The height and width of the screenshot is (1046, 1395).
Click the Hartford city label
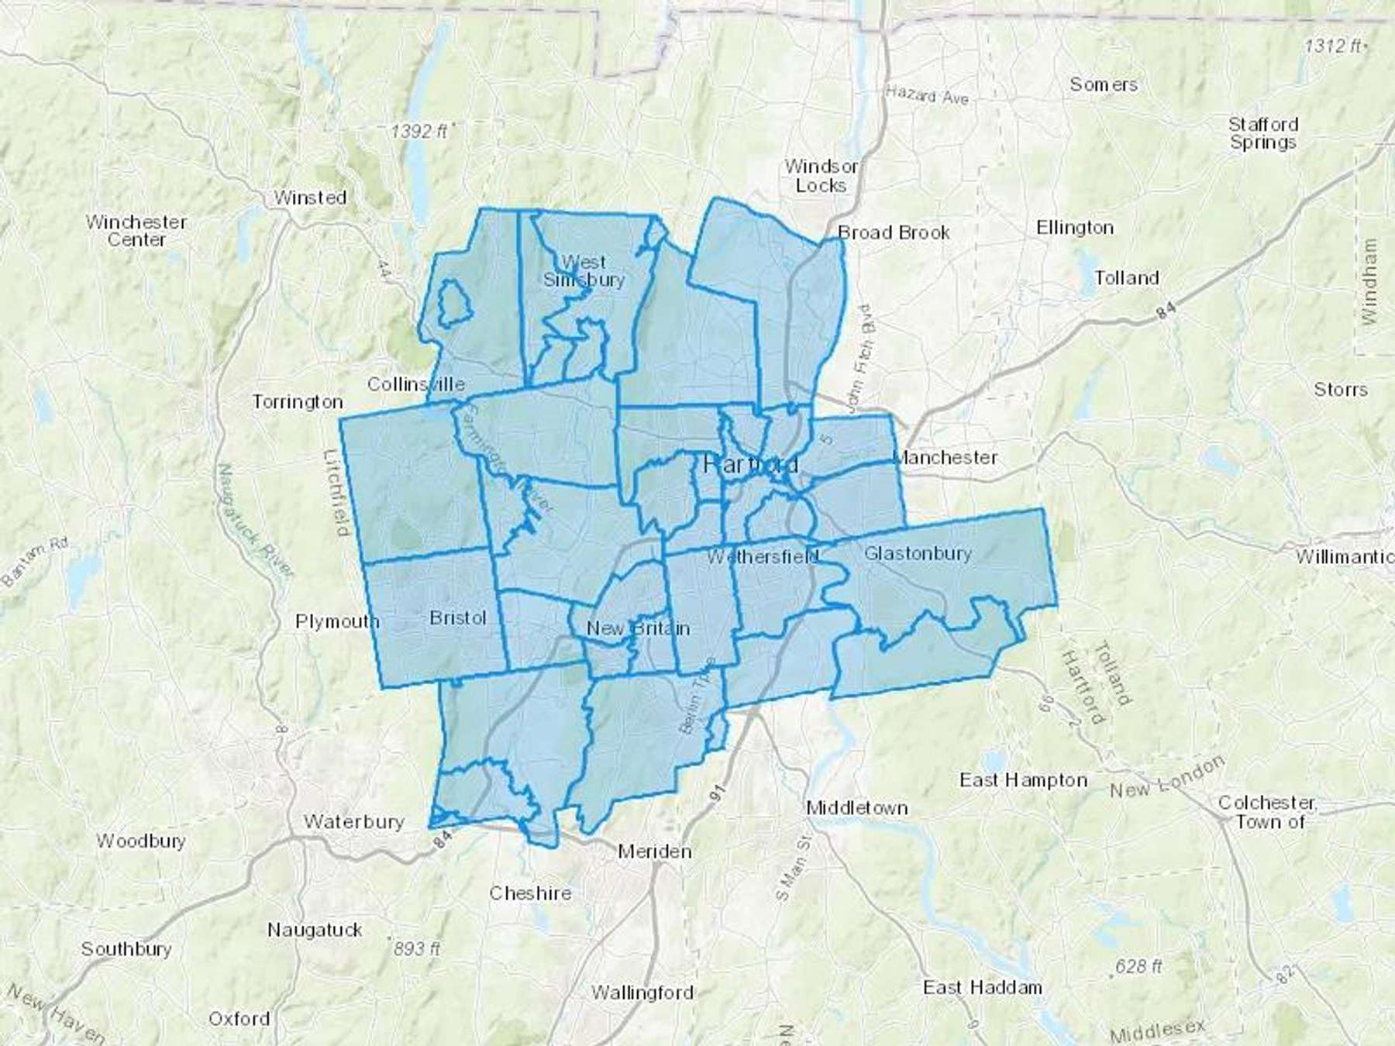[751, 465]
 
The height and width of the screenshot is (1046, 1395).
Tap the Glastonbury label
[918, 553]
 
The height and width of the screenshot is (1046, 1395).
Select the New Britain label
[638, 628]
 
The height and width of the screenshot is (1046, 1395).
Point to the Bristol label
[458, 618]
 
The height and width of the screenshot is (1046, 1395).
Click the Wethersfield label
[763, 556]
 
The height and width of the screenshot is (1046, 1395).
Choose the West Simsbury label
[584, 270]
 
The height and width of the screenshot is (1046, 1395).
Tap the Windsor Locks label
[821, 176]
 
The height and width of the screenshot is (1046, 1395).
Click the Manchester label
[945, 457]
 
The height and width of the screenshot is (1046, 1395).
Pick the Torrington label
[298, 401]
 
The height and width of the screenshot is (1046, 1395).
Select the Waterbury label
[354, 821]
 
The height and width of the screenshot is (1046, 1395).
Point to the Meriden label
[655, 852]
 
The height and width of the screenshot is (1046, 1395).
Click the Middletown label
[857, 807]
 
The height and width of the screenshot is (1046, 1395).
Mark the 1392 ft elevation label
[419, 131]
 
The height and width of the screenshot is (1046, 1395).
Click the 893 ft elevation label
[416, 948]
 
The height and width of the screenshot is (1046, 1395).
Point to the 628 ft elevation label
[1138, 966]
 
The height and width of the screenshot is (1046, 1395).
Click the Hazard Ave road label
[928, 97]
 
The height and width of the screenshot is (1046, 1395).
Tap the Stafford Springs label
[1262, 133]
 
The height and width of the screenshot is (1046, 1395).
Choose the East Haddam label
[982, 987]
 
